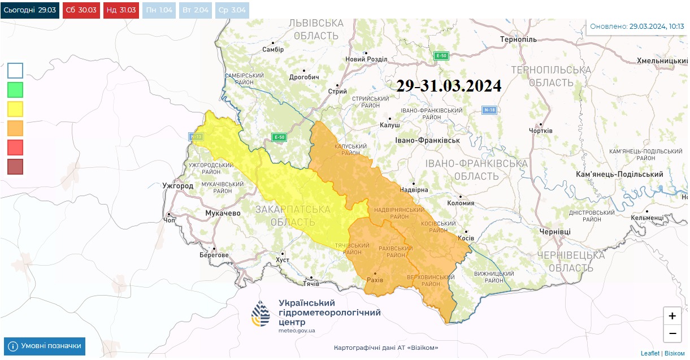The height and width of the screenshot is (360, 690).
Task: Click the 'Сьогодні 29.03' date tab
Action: [29, 10]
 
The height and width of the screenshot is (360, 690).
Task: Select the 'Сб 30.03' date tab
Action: [81, 10]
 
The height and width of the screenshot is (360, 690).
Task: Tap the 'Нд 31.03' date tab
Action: [121, 10]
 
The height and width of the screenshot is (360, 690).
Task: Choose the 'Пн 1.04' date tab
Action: [159, 10]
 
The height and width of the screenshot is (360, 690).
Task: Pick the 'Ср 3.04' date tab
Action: [232, 10]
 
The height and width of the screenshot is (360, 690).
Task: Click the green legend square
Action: [15, 90]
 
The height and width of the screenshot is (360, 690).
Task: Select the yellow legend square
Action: [15, 109]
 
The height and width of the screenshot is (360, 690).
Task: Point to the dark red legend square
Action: [15, 167]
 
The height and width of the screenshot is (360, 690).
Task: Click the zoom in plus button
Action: [672, 316]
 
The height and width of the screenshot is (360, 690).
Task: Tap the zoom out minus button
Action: [672, 333]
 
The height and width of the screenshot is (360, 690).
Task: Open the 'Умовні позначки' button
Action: [45, 346]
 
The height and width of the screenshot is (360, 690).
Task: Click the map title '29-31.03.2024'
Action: [449, 85]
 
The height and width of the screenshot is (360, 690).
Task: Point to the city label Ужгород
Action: [177, 186]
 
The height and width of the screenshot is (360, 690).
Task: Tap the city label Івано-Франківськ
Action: [427, 140]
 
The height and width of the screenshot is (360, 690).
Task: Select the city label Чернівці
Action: [555, 232]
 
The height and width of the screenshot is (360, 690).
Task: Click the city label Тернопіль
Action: [518, 40]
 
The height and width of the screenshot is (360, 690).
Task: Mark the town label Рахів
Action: [375, 280]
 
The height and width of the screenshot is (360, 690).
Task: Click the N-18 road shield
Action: [489, 110]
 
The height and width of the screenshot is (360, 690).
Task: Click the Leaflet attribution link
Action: [650, 353]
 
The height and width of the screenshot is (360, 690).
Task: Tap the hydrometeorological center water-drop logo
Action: [261, 314]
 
